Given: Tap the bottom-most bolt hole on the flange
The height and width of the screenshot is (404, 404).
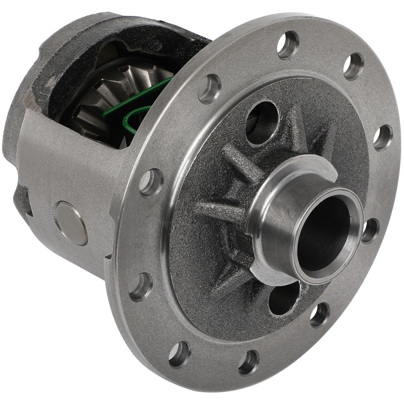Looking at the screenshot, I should (x=249, y=362).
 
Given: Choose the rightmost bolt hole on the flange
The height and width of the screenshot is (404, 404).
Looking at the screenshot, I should (x=383, y=137).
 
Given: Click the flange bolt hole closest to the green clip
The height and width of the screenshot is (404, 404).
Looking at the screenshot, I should (x=209, y=89).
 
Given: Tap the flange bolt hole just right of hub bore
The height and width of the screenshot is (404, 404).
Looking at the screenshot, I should (x=370, y=231).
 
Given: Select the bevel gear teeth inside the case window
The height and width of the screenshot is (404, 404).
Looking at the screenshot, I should (x=105, y=97).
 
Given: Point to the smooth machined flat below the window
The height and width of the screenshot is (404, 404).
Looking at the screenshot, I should (x=72, y=168).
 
